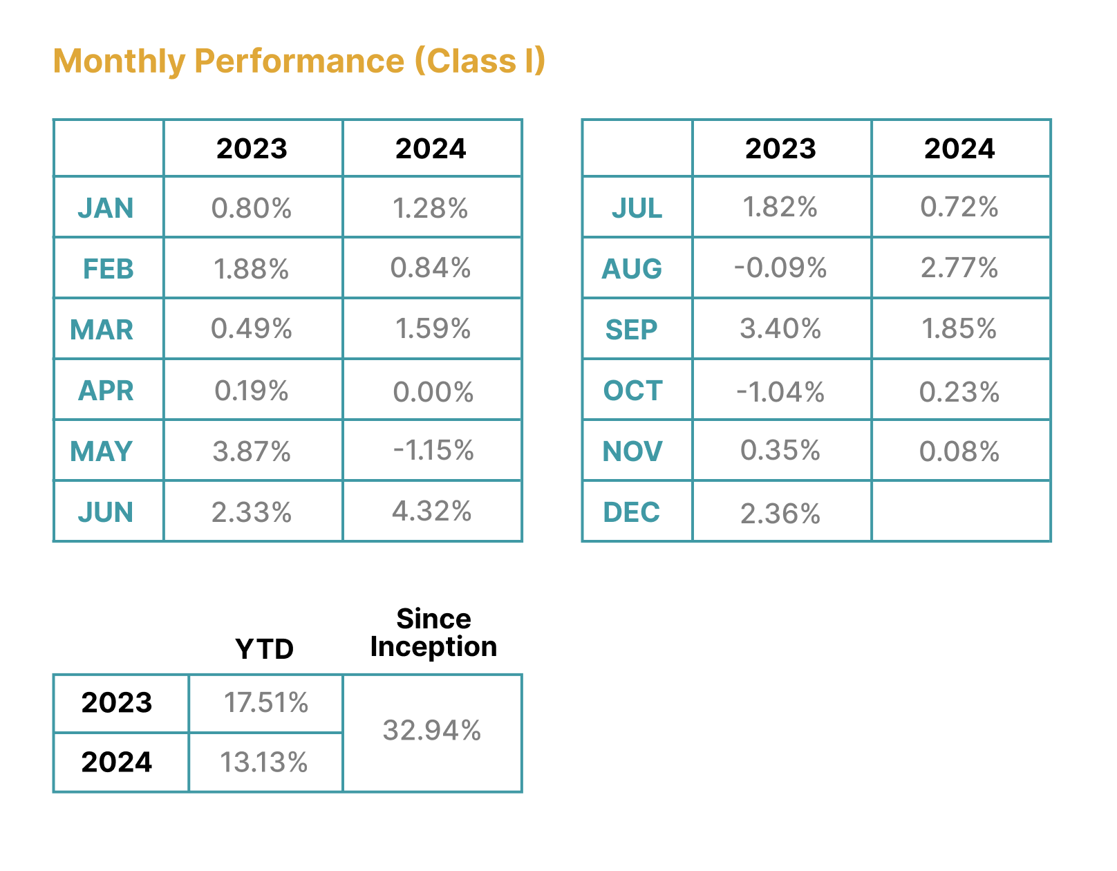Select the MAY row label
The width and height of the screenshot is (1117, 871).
tap(101, 451)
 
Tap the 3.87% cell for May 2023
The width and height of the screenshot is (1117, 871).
tap(252, 451)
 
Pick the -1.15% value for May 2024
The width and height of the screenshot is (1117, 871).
tap(433, 451)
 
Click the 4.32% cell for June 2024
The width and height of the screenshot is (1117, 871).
tap(432, 512)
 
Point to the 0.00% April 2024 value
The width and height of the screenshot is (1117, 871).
tap(433, 392)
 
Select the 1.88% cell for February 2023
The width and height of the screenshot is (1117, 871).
tap(252, 269)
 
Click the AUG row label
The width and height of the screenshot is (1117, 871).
tap(632, 269)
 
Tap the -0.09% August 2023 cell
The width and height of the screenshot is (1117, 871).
tap(780, 268)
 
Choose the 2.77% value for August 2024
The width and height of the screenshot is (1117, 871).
tap(959, 268)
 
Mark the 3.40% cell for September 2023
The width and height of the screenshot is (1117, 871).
tap(780, 329)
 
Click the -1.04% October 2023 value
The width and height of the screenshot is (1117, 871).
tap(780, 392)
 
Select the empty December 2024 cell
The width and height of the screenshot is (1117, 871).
tap(961, 512)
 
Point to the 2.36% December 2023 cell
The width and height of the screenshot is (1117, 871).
tap(780, 514)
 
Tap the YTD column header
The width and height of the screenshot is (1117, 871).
tap(265, 649)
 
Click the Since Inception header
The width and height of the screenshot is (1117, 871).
tap(433, 633)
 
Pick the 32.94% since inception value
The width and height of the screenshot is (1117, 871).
tap(432, 731)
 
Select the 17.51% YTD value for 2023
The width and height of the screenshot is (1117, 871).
tap(266, 703)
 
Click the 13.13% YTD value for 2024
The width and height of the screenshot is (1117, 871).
tap(264, 762)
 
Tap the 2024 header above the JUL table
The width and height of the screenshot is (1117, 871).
tap(959, 149)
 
